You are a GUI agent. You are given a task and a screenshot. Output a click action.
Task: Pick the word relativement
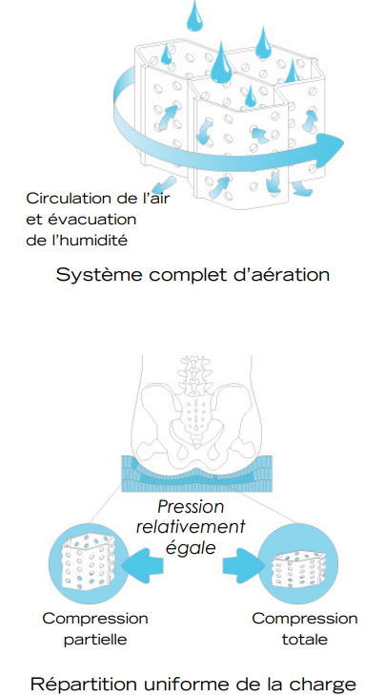tap(193, 526)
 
